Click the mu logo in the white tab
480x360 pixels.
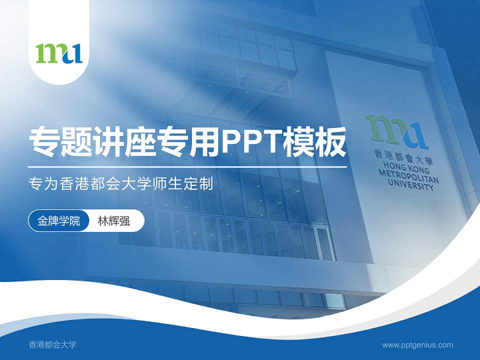[59, 53]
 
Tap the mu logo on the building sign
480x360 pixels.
[397, 131]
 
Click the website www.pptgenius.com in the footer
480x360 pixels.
[417, 344]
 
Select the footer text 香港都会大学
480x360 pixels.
[52, 344]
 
